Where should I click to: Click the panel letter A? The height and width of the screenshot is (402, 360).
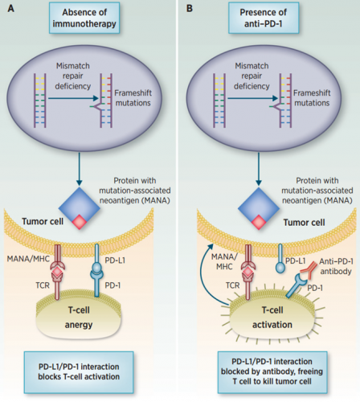point(11,8)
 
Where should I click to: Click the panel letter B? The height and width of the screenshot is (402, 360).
point(190,8)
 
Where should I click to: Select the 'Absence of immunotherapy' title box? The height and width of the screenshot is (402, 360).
point(84,18)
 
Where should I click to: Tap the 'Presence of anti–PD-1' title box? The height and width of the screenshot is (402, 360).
point(264,18)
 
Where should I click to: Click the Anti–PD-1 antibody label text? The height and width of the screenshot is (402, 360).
point(336,266)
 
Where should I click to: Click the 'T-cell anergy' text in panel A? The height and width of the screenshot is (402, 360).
point(79,318)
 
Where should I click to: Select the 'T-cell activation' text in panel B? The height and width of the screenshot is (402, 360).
point(272,318)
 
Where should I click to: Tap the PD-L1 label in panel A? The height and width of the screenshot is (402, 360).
point(115,260)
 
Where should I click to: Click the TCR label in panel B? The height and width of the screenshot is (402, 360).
point(232,285)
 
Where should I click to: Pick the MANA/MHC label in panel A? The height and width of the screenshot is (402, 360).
point(28,259)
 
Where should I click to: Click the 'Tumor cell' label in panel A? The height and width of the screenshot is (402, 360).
point(43,221)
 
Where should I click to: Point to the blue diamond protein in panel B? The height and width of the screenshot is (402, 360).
point(259,207)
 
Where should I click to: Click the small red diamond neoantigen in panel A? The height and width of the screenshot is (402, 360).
point(80,222)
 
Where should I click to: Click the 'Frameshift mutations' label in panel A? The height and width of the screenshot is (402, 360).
point(133,98)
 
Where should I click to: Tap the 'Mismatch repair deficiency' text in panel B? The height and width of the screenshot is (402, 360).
point(252,76)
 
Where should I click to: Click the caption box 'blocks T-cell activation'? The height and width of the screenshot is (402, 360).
point(79,372)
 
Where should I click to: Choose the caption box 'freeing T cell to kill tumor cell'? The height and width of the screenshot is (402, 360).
point(272,372)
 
